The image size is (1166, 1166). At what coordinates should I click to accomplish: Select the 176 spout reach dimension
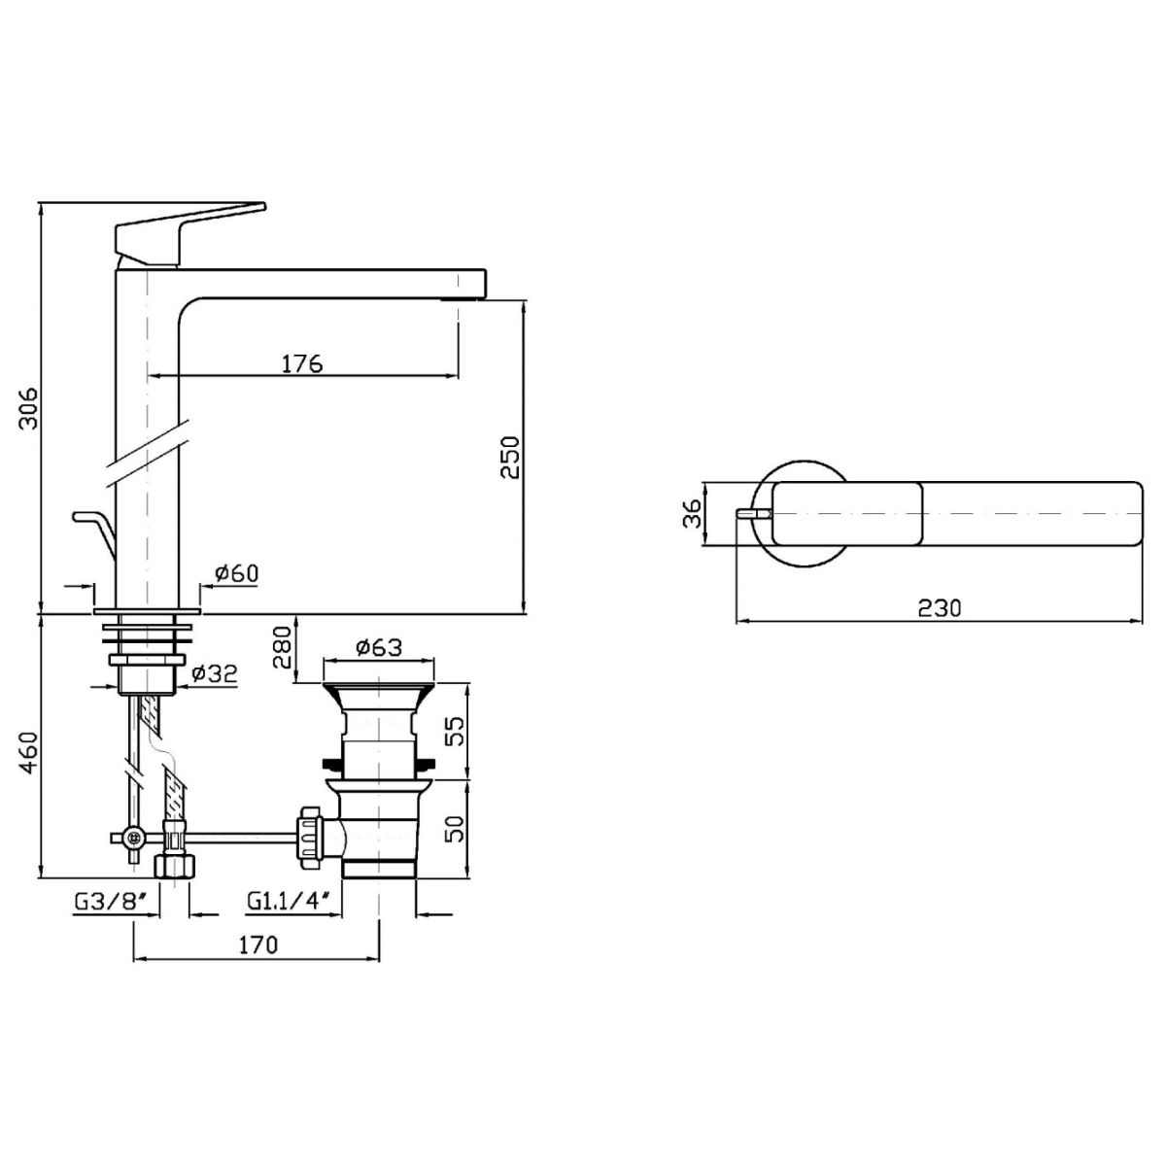(x=302, y=363)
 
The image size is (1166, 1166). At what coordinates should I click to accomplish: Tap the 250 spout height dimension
(x=509, y=458)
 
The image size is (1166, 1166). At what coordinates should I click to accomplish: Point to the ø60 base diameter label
(x=236, y=573)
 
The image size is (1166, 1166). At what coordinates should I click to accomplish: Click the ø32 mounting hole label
(x=214, y=673)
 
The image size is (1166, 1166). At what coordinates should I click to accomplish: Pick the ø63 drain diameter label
(x=379, y=647)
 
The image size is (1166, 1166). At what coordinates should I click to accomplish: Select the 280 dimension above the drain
(x=282, y=646)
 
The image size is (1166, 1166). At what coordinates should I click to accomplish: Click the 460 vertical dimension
(x=28, y=752)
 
